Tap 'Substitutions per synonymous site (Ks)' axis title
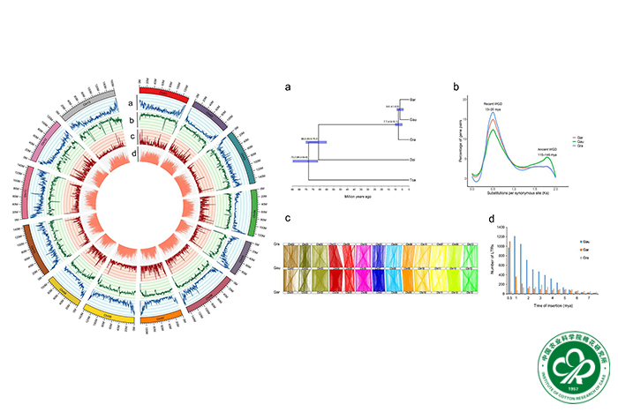tap(515, 193)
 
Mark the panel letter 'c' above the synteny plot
tap(287, 219)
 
